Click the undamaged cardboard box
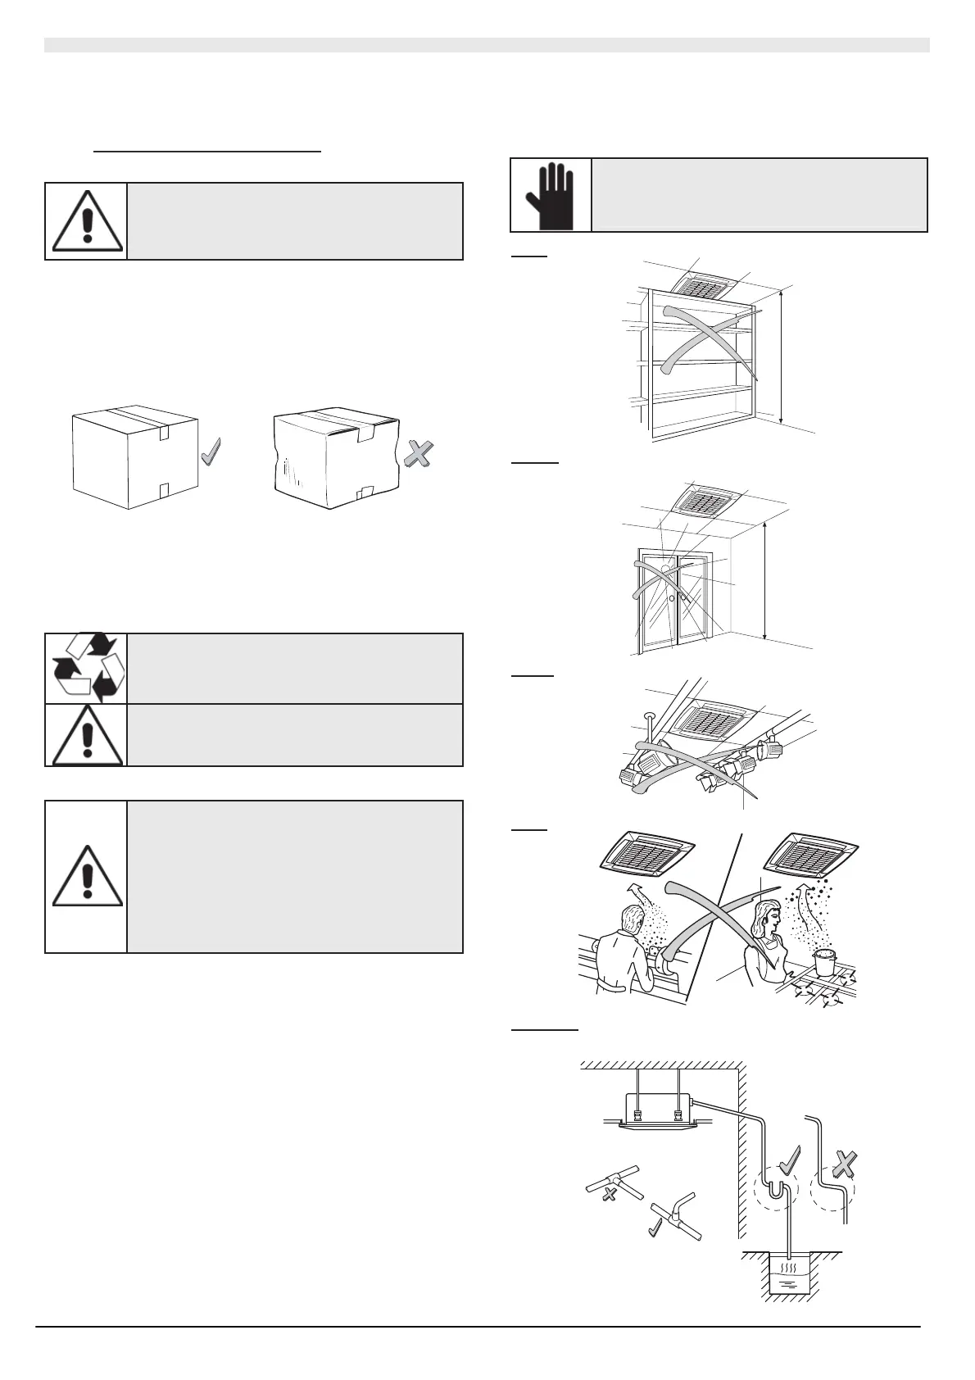tap(135, 456)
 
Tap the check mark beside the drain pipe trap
tap(791, 1161)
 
